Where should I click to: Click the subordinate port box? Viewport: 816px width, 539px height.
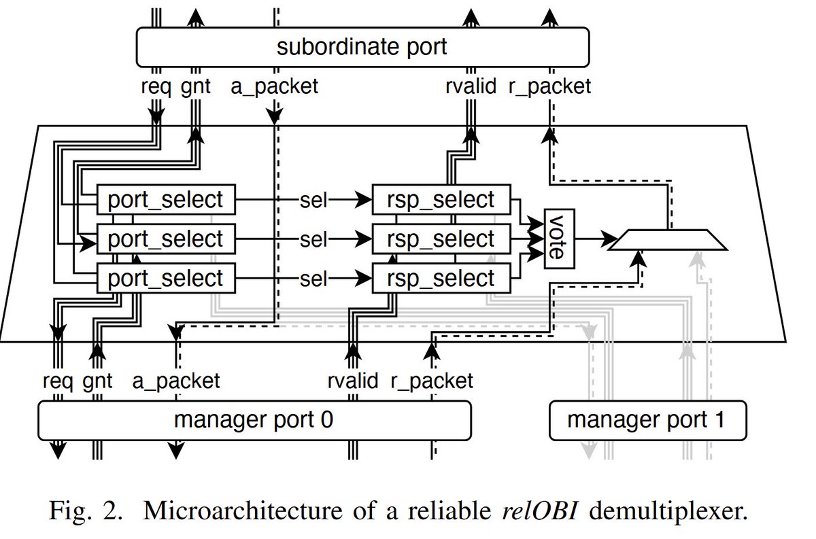362,47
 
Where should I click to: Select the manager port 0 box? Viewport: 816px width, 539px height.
254,419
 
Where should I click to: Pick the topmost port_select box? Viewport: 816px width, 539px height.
165,200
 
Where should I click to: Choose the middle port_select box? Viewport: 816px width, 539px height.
165,239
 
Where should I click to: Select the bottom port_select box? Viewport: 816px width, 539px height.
165,279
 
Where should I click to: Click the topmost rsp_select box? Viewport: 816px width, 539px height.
441,200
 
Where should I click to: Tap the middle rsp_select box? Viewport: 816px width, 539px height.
441,239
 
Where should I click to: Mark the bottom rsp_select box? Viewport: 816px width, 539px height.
441,279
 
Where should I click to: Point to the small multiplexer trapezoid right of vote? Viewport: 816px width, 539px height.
668,239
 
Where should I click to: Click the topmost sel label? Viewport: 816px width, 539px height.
313,200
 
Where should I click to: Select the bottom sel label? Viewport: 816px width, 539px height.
313,279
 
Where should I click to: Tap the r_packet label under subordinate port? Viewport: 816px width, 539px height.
549,86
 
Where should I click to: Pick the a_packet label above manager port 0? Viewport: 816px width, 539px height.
176,380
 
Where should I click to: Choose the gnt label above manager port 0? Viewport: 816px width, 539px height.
97,380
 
